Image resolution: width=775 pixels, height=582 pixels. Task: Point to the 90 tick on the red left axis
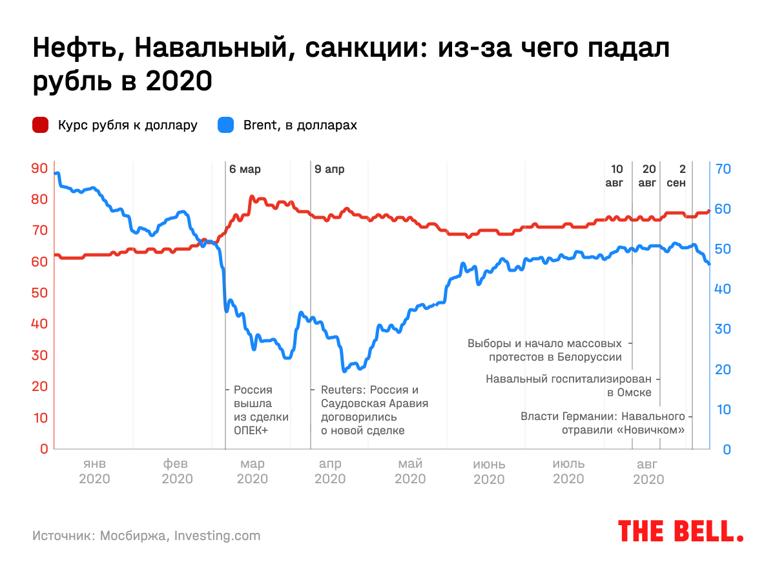click(x=39, y=168)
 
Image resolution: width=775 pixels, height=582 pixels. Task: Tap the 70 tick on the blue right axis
click(x=723, y=168)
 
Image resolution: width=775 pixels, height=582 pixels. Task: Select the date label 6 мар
click(x=245, y=170)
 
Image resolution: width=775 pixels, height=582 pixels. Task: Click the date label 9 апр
click(x=329, y=170)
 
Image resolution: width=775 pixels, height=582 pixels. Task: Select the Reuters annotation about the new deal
click(x=375, y=410)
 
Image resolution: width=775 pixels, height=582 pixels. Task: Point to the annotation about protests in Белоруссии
click(x=544, y=350)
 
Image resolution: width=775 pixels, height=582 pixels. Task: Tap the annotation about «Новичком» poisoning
click(x=602, y=423)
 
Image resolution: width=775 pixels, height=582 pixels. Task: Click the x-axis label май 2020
click(x=410, y=472)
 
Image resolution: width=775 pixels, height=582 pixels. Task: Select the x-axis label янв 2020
click(x=94, y=472)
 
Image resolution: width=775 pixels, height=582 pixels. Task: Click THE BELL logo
click(x=681, y=530)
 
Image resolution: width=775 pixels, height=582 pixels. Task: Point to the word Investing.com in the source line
click(x=218, y=536)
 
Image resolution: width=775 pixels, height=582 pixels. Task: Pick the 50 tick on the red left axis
click(x=39, y=293)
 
